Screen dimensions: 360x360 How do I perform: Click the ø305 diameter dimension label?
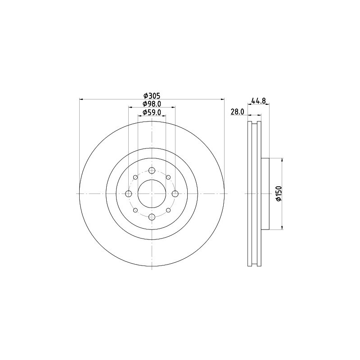(152, 95)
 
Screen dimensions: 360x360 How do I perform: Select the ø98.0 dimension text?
(152, 104)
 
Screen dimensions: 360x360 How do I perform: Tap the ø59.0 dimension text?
(152, 112)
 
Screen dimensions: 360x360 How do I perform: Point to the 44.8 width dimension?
(258, 100)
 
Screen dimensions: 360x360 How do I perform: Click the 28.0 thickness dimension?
(238, 112)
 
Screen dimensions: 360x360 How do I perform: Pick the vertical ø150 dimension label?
(279, 194)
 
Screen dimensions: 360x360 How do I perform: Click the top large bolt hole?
(152, 171)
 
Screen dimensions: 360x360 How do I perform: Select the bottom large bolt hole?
(152, 217)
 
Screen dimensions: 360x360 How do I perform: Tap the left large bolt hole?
(129, 194)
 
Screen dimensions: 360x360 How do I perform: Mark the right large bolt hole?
(175, 194)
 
